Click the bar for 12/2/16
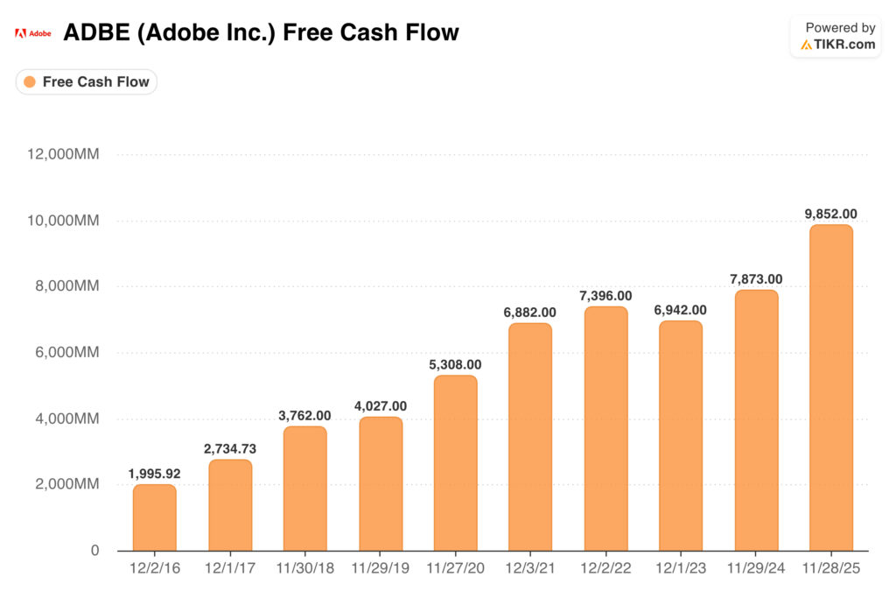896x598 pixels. coord(155,517)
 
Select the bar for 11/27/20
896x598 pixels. coord(455,463)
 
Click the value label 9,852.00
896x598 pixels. coord(830,213)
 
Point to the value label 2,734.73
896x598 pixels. coord(230,448)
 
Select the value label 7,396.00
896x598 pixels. coord(605,296)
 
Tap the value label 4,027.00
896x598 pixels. coord(381,405)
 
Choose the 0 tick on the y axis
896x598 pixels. coord(94,551)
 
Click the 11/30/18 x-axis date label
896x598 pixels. coord(305,568)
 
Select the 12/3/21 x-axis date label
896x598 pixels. coord(530,568)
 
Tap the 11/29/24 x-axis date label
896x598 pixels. coord(755,568)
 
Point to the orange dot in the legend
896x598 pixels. coord(30,82)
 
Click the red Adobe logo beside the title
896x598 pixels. coord(20,33)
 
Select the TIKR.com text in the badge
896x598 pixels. coord(843,45)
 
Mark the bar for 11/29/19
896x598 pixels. coord(381,484)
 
